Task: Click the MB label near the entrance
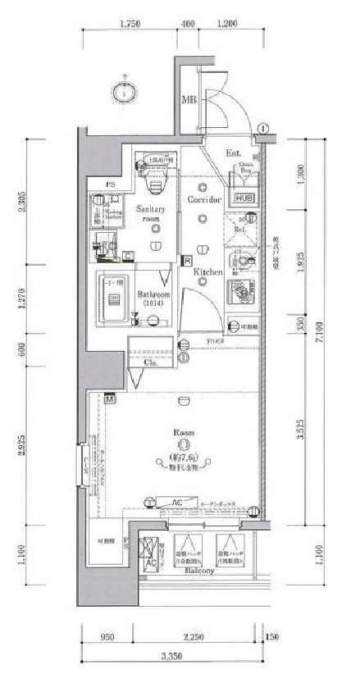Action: (188, 101)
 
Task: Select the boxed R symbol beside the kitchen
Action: (187, 260)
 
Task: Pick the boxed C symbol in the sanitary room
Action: (129, 256)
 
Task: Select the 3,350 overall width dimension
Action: (171, 655)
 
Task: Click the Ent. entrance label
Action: (233, 153)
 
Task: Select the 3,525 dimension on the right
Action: (300, 432)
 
